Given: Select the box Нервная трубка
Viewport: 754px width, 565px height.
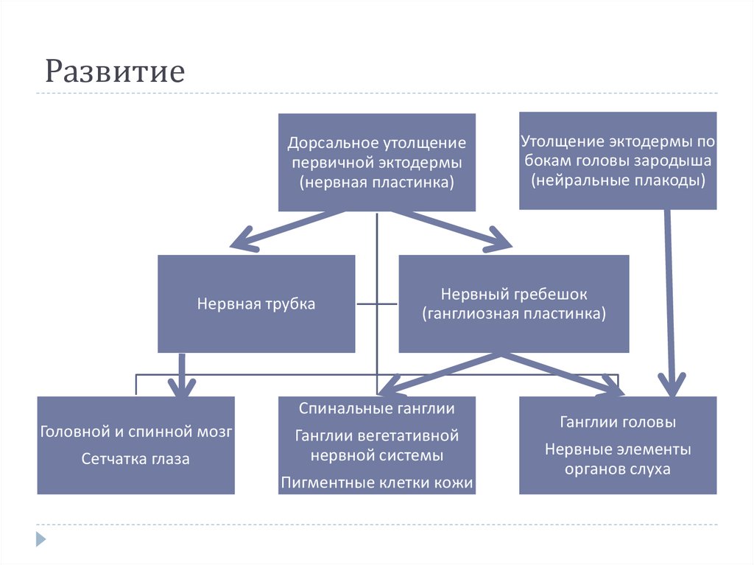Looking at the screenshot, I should [256, 303].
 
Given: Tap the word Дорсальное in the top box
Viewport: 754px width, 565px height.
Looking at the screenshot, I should [331, 141].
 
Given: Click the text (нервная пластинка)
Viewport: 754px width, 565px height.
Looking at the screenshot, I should [376, 182].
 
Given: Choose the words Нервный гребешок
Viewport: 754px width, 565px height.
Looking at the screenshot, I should [514, 294].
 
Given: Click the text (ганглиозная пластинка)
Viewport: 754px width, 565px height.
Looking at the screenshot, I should [514, 314].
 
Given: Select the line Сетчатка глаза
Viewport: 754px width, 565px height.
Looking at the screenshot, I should [135, 459].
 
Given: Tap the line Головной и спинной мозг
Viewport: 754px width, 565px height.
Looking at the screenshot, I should [136, 432].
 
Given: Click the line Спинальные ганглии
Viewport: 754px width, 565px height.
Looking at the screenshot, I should [376, 408].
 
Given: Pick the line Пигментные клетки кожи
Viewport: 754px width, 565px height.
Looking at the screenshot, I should [376, 483].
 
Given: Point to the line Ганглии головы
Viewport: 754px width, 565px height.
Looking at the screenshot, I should [618, 423].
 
